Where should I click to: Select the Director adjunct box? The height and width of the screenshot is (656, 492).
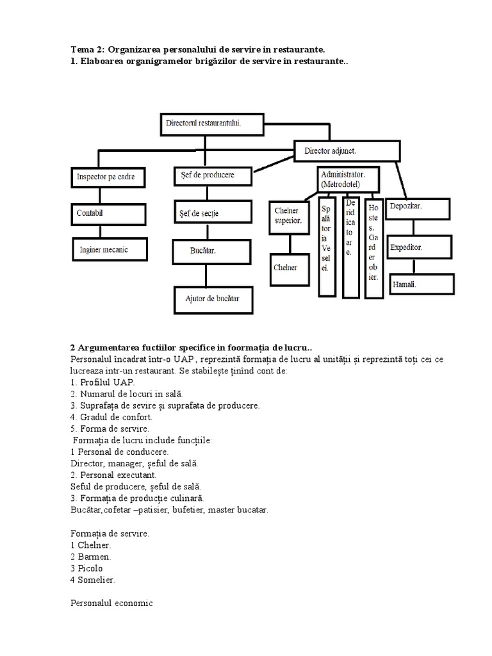tap(347, 152)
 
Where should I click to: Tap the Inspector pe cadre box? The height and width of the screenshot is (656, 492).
tap(106, 177)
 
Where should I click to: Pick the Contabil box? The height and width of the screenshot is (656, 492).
tap(106, 213)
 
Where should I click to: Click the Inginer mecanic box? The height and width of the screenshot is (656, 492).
tap(110, 250)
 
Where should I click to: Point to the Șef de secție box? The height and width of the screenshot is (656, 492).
tap(212, 213)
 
